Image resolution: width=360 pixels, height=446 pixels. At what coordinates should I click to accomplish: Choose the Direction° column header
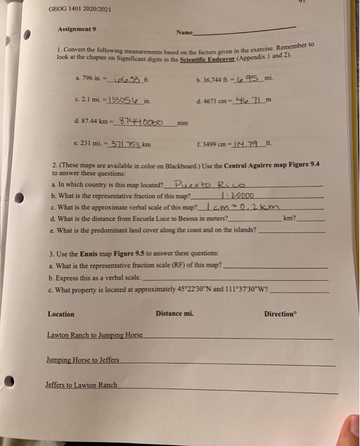281,314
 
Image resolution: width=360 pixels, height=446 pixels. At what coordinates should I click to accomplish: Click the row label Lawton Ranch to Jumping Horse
95,335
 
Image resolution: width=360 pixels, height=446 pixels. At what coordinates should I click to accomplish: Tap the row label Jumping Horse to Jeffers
83,361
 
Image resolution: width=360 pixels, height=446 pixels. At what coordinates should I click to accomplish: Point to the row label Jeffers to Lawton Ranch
82,385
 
